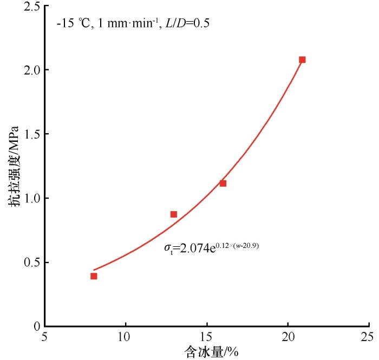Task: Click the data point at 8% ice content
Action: [94, 276]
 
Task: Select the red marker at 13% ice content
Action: [174, 214]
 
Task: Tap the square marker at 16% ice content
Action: [223, 184]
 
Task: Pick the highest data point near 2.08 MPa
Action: [302, 60]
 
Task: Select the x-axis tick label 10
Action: [126, 336]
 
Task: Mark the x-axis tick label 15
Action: [206, 336]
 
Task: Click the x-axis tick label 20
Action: [287, 336]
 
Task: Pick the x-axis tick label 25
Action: [368, 336]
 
